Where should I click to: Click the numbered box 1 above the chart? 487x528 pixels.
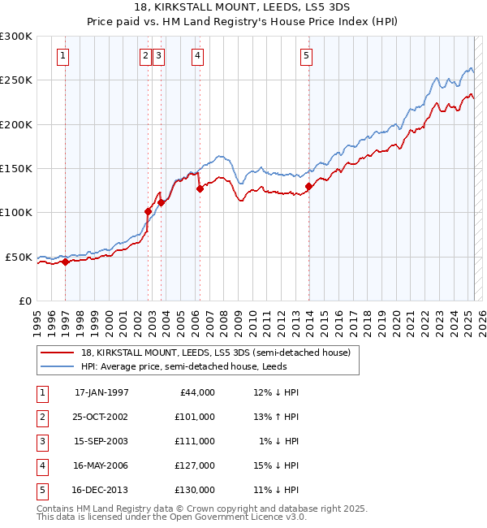(63, 56)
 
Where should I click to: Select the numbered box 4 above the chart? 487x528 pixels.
(197, 56)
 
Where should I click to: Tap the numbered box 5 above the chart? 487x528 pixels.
(306, 56)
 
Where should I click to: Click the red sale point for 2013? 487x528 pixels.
(308, 186)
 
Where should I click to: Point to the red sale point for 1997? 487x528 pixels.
(65, 262)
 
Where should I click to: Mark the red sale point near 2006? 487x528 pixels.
(200, 188)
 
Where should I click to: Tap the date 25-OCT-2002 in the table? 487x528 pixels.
(101, 417)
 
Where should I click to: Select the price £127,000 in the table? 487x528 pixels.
(194, 465)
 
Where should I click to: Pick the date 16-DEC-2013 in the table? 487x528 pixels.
(101, 490)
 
